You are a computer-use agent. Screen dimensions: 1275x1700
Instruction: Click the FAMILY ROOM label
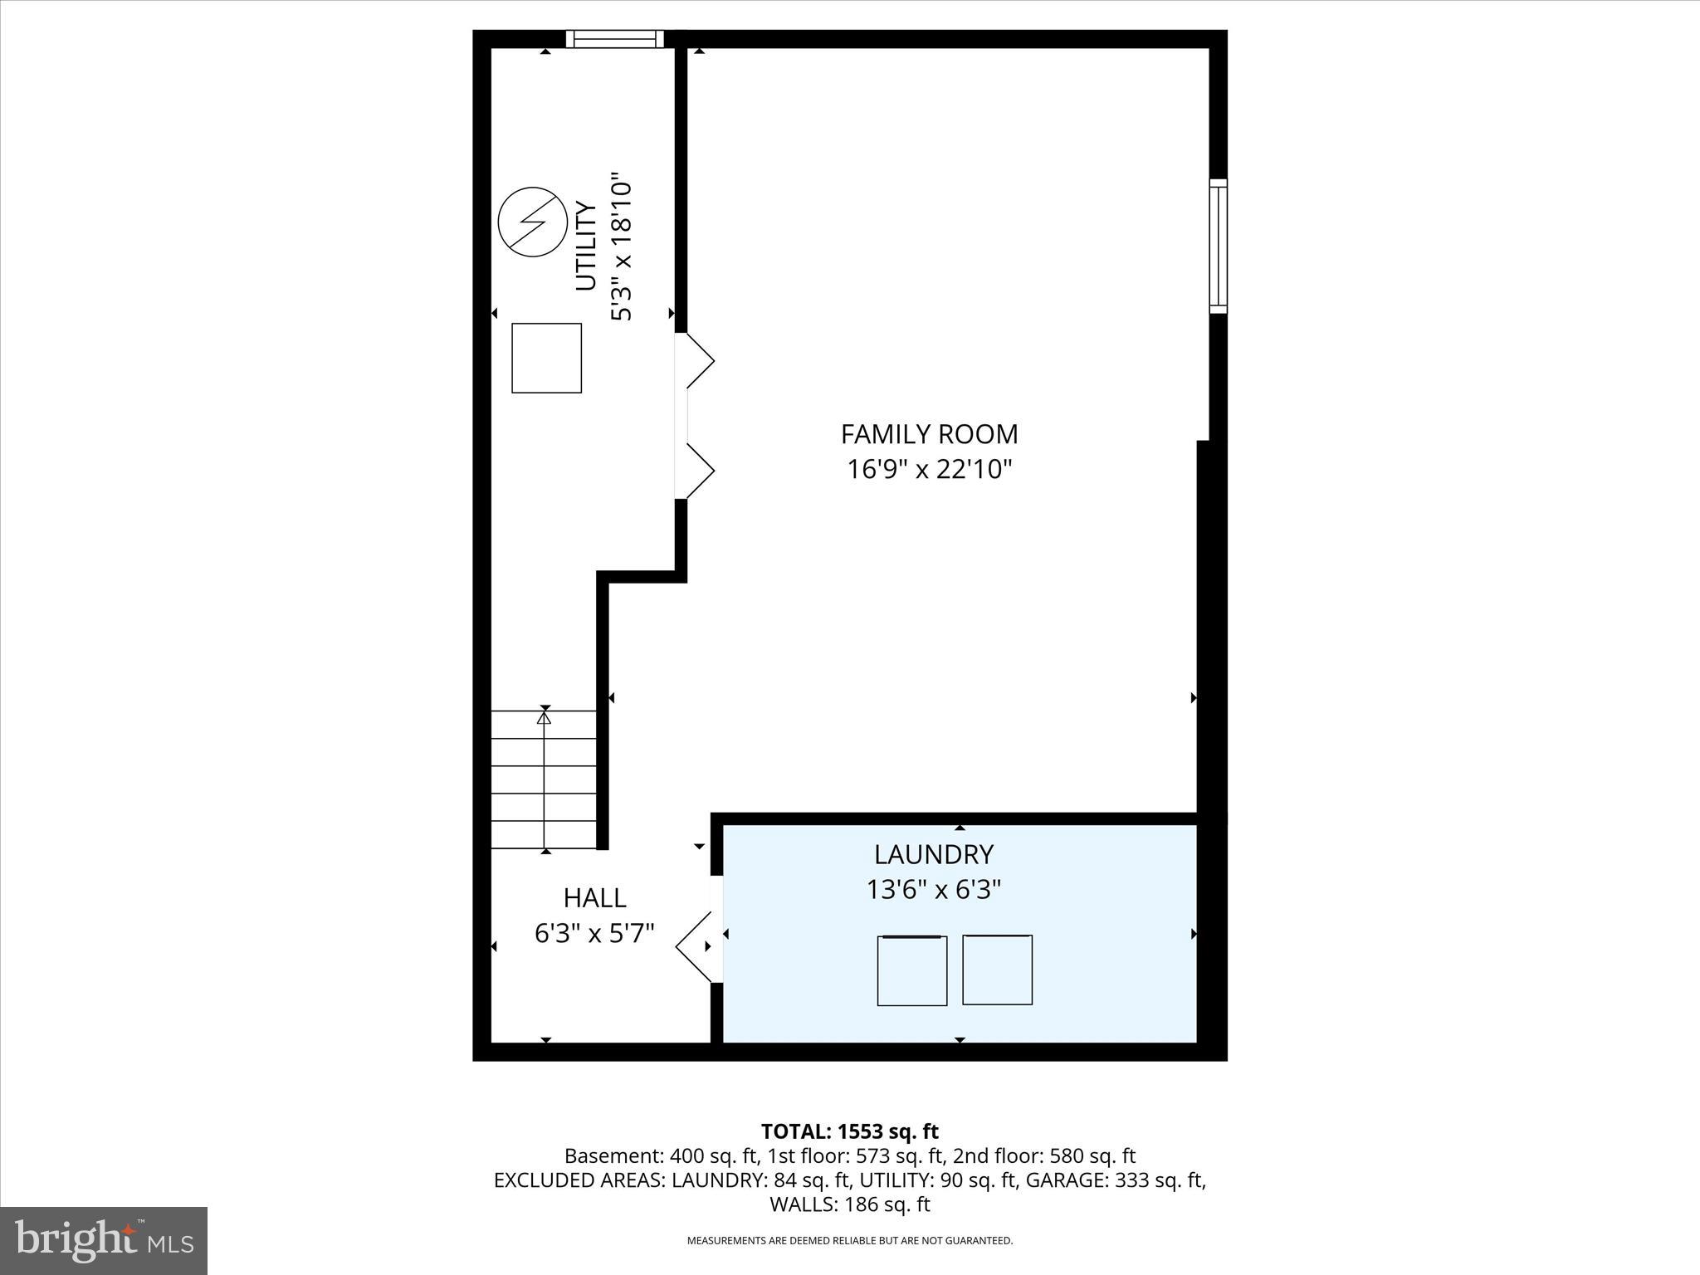point(929,434)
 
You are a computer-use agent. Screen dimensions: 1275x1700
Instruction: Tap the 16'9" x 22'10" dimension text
point(929,471)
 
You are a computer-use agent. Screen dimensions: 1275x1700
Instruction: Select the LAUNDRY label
point(933,854)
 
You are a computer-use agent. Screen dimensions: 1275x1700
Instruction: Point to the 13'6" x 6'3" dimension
point(933,891)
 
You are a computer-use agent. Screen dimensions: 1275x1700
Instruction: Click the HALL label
point(594,898)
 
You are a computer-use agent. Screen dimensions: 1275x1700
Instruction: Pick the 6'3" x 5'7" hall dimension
point(594,934)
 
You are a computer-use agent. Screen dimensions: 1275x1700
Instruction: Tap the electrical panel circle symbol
point(533,222)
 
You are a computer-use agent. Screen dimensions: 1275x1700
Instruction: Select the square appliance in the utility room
point(546,358)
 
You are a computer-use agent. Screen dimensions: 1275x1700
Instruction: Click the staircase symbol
point(544,780)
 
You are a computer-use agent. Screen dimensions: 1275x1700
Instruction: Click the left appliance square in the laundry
point(911,970)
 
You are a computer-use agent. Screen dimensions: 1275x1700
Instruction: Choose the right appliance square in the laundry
point(997,970)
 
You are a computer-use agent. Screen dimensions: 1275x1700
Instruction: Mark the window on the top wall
point(615,39)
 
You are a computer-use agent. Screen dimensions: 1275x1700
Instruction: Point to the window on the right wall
point(1218,246)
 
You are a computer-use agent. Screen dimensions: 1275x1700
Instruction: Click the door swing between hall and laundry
point(696,947)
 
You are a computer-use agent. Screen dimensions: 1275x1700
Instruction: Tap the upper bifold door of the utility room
point(697,360)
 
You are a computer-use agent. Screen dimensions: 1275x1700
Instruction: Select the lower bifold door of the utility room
point(697,471)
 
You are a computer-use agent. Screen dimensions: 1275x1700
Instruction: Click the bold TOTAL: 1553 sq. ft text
point(849,1131)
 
